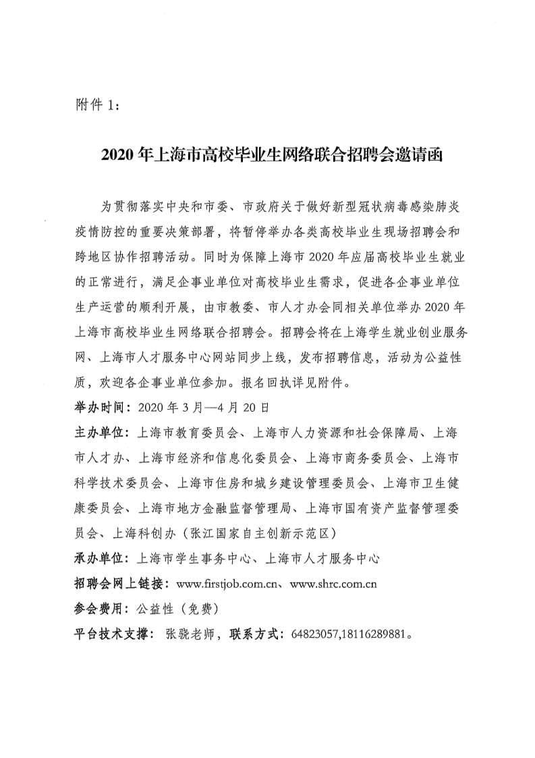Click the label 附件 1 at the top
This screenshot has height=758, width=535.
(97, 106)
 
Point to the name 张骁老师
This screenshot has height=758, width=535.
(190, 635)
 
